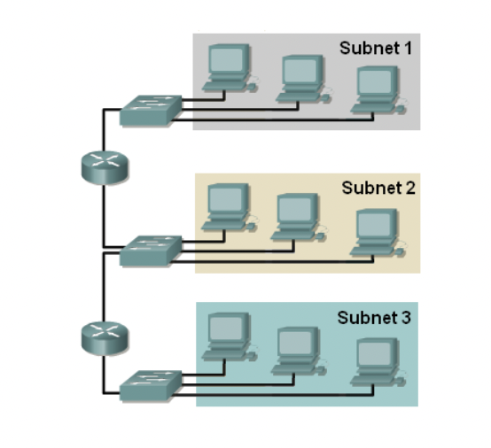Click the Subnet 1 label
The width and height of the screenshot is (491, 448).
pyautogui.click(x=375, y=48)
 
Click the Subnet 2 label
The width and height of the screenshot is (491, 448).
pyautogui.click(x=377, y=189)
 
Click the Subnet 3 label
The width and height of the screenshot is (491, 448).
pyautogui.click(x=373, y=317)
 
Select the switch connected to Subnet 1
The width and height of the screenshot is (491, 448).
pyautogui.click(x=152, y=109)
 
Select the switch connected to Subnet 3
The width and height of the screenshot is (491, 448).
pyautogui.click(x=151, y=382)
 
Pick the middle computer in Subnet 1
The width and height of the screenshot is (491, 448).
pyautogui.click(x=300, y=79)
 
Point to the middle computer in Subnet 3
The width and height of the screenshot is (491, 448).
pyautogui.click(x=296, y=350)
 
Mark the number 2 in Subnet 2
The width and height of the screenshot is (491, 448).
pyautogui.click(x=409, y=189)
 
